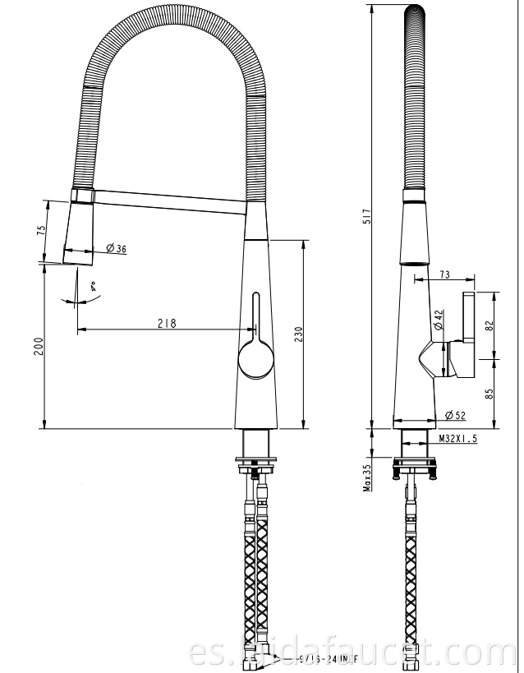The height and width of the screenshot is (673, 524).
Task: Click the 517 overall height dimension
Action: [x=369, y=216]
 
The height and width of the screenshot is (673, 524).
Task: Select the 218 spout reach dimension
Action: [x=168, y=324]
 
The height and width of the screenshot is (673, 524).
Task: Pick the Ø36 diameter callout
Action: [x=115, y=249]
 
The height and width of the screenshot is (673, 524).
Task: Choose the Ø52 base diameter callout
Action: [x=454, y=414]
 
